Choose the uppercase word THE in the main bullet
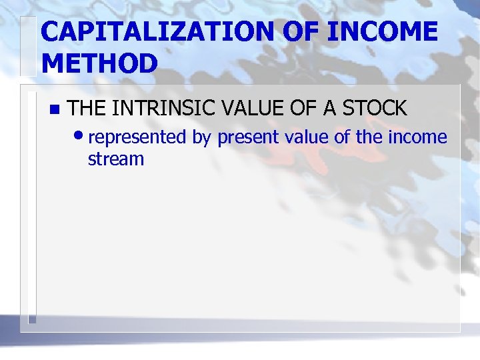pyautogui.click(x=88, y=107)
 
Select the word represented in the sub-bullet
pyautogui.click(x=137, y=137)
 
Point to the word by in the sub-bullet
pyautogui.click(x=202, y=137)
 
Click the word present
pyautogui.click(x=248, y=137)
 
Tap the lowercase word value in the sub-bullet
pyautogui.click(x=307, y=137)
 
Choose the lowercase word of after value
pyautogui.click(x=344, y=137)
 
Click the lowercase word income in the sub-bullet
pyautogui.click(x=419, y=137)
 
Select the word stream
pyautogui.click(x=116, y=159)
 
